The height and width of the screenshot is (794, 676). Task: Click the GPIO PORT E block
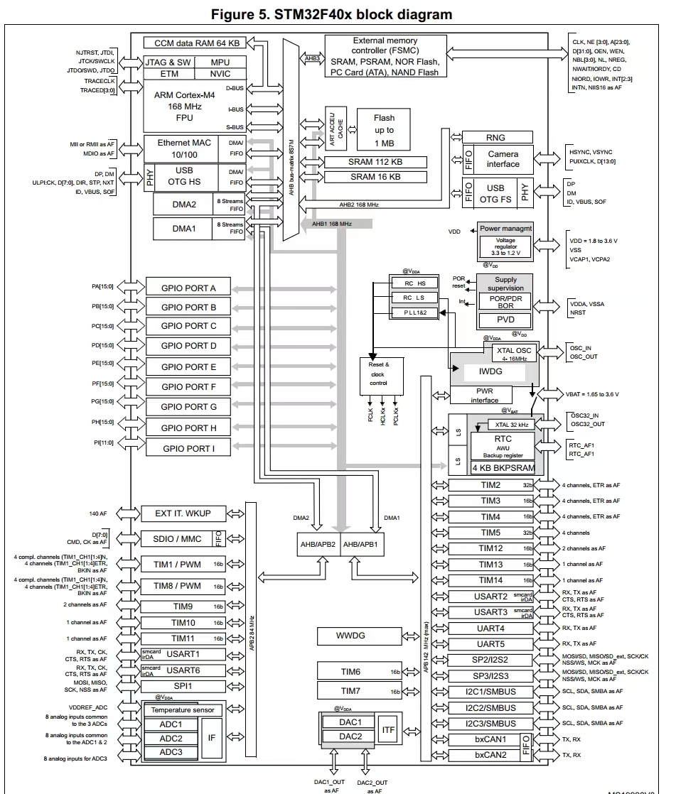click(x=188, y=366)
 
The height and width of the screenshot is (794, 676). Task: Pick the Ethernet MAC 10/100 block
click(x=184, y=148)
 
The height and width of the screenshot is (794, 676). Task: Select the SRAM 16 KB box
click(x=375, y=176)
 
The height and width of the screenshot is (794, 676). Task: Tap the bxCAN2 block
click(x=490, y=754)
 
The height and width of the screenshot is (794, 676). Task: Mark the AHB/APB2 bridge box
click(x=318, y=544)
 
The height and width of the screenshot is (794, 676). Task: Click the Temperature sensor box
click(x=183, y=709)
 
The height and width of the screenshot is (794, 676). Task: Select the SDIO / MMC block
click(x=178, y=538)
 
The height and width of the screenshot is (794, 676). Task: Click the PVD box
click(x=505, y=320)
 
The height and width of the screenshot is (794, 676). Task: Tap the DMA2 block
click(x=184, y=205)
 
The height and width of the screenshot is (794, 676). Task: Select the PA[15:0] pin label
click(x=102, y=287)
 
